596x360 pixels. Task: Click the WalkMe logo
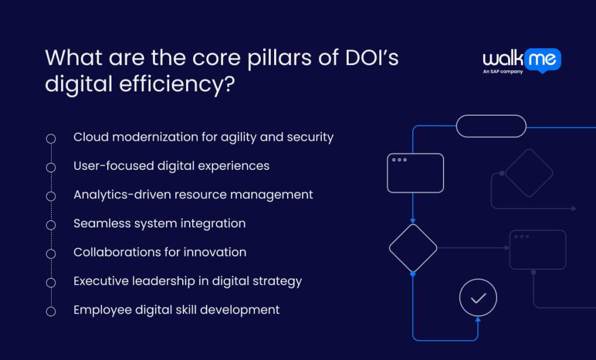(521, 59)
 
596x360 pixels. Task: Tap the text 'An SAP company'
(503, 72)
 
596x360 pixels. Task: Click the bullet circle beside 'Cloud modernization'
(51, 138)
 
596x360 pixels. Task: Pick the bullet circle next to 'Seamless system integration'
(51, 224)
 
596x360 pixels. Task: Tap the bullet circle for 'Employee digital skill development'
(51, 311)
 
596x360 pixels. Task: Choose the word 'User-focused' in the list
(113, 166)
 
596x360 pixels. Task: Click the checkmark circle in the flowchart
(478, 298)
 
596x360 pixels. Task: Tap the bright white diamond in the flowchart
(413, 248)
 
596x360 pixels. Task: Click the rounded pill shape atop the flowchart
(491, 126)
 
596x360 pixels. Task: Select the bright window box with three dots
(415, 173)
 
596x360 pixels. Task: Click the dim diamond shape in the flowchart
(528, 173)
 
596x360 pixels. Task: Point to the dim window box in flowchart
(537, 250)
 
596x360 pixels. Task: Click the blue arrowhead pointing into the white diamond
(413, 221)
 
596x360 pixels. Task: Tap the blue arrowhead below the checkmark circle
(478, 319)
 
